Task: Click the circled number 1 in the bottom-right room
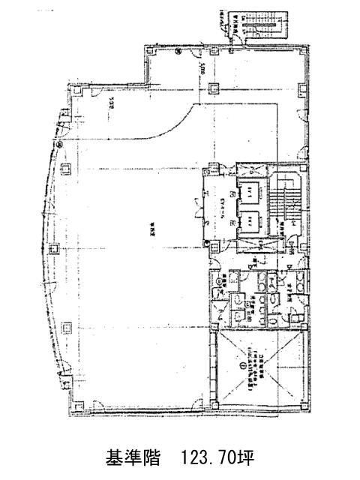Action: pyautogui.click(x=241, y=367)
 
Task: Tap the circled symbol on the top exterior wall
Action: pyautogui.click(x=177, y=52)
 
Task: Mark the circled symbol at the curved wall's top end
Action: pyautogui.click(x=57, y=144)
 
